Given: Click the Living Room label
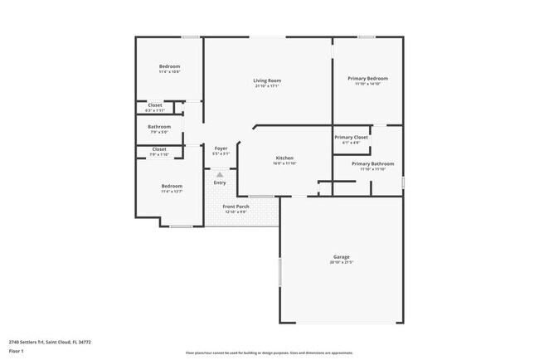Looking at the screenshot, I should [266, 80].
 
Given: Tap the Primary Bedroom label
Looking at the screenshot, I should [367, 78].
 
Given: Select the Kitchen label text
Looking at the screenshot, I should [284, 158].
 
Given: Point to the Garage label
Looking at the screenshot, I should [342, 257].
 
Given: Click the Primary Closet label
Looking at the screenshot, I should [351, 137].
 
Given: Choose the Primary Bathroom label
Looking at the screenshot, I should [372, 163].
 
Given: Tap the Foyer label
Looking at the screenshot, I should [221, 148].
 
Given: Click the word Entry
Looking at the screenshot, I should [219, 182].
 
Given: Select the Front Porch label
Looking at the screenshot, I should [236, 206].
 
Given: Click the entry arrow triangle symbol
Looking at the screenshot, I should [220, 174].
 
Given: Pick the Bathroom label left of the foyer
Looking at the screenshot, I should [159, 127].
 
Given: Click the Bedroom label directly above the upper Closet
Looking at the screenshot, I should [169, 66].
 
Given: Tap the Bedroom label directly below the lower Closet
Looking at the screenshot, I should [172, 186].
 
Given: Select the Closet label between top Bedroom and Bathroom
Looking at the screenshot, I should [155, 105].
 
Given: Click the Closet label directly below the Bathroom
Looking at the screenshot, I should [158, 149].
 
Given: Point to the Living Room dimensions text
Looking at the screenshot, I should [266, 85].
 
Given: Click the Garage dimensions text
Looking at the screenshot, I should [342, 263].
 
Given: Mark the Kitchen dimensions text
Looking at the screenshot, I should [284, 163].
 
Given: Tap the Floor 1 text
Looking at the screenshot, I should [17, 351].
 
